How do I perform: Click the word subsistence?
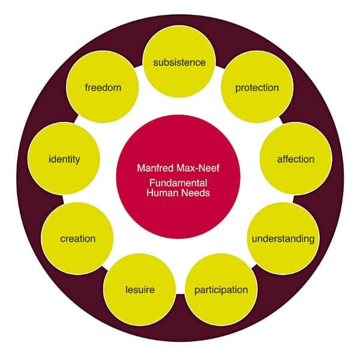(179, 62)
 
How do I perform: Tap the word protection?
(257, 88)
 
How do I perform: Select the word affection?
(295, 159)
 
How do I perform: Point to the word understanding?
(283, 238)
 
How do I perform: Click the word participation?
(221, 290)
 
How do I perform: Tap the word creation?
(77, 238)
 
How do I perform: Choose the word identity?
(64, 159)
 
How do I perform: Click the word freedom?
(103, 88)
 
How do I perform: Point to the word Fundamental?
(179, 183)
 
